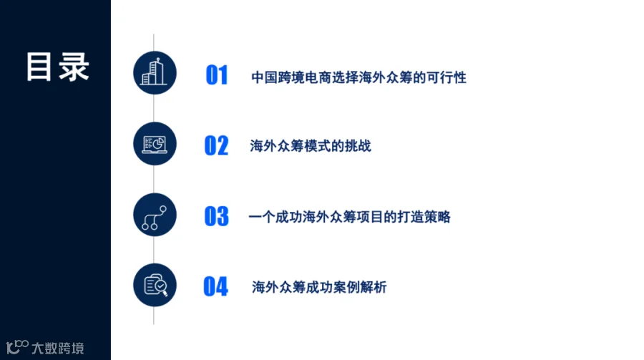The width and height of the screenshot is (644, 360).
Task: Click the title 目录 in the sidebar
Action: pyautogui.click(x=57, y=67)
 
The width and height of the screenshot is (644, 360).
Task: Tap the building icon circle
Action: pyautogui.click(x=155, y=73)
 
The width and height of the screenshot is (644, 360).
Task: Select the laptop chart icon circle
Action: pyautogui.click(x=155, y=144)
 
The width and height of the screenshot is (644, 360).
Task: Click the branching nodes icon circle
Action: pyautogui.click(x=155, y=215)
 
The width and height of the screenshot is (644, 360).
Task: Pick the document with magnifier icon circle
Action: pyautogui.click(x=155, y=285)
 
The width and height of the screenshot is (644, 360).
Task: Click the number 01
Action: pyautogui.click(x=216, y=75)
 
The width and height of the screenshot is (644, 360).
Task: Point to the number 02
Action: pyautogui.click(x=216, y=146)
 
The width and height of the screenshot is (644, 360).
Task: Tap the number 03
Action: pyautogui.click(x=216, y=217)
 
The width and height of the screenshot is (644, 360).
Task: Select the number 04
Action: pyautogui.click(x=215, y=287)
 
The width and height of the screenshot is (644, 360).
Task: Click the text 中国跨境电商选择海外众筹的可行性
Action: pyautogui.click(x=358, y=77)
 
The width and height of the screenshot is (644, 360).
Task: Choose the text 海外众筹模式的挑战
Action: pyautogui.click(x=311, y=146)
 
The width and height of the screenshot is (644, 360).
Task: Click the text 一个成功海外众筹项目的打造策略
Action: pyautogui.click(x=350, y=217)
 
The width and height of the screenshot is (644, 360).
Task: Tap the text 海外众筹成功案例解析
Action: pyautogui.click(x=319, y=287)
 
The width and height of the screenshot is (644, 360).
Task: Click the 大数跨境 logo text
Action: pyautogui.click(x=58, y=348)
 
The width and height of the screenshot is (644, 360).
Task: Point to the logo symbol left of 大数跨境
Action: pyautogui.click(x=17, y=347)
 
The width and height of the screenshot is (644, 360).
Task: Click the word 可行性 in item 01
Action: pyautogui.click(x=447, y=77)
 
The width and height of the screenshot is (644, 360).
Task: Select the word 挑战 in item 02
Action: pyautogui.click(x=358, y=146)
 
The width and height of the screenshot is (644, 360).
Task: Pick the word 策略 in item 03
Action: pyautogui.click(x=437, y=217)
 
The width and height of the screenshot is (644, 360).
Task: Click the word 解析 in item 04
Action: pyautogui.click(x=374, y=287)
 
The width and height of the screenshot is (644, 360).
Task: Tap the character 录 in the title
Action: pyautogui.click(x=74, y=67)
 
